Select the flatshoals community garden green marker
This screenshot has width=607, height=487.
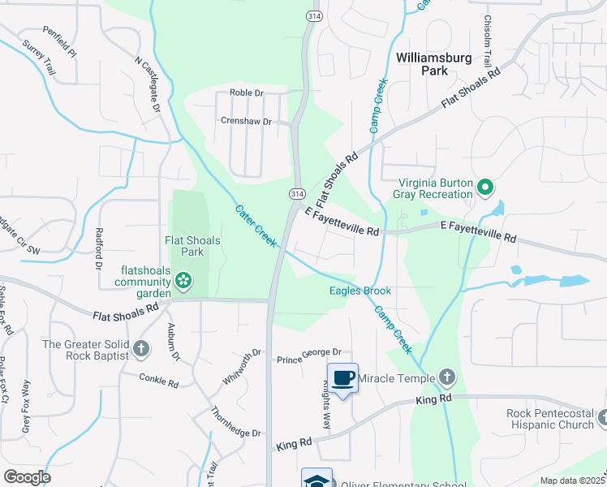184,282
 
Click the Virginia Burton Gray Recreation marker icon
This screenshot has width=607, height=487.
485,188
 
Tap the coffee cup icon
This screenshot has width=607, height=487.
343,378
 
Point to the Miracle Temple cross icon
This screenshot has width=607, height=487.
447,377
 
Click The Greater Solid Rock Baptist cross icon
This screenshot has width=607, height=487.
141,350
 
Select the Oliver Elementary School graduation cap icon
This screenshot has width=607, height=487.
316,481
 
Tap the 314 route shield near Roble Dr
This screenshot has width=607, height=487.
312,15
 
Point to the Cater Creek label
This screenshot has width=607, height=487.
256,226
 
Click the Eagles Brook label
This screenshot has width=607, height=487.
360,291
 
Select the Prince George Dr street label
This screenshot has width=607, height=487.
309,352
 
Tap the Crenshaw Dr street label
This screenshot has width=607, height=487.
243,120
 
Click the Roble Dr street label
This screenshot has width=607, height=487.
247,93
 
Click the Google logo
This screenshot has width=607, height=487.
27,477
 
